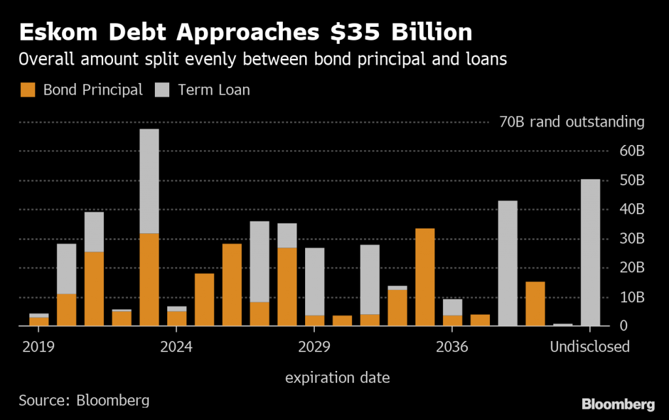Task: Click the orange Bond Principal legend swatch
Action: click(28, 89)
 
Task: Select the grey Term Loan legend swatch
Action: click(163, 89)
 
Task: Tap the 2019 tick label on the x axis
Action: click(39, 346)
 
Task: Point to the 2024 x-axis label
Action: click(176, 346)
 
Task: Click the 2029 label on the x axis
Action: click(314, 346)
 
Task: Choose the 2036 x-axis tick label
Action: click(451, 346)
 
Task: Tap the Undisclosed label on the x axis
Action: click(589, 346)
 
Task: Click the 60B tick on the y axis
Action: click(631, 152)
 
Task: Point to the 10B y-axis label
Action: click(631, 297)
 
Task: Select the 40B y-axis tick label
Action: click(631, 210)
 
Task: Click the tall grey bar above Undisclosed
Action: click(590, 252)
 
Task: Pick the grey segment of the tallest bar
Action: click(149, 181)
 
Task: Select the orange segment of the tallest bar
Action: click(149, 279)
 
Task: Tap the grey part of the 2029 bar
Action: click(314, 282)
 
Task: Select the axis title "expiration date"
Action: click(338, 377)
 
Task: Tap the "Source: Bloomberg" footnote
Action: click(84, 400)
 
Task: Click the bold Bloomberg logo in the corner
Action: click(618, 403)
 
